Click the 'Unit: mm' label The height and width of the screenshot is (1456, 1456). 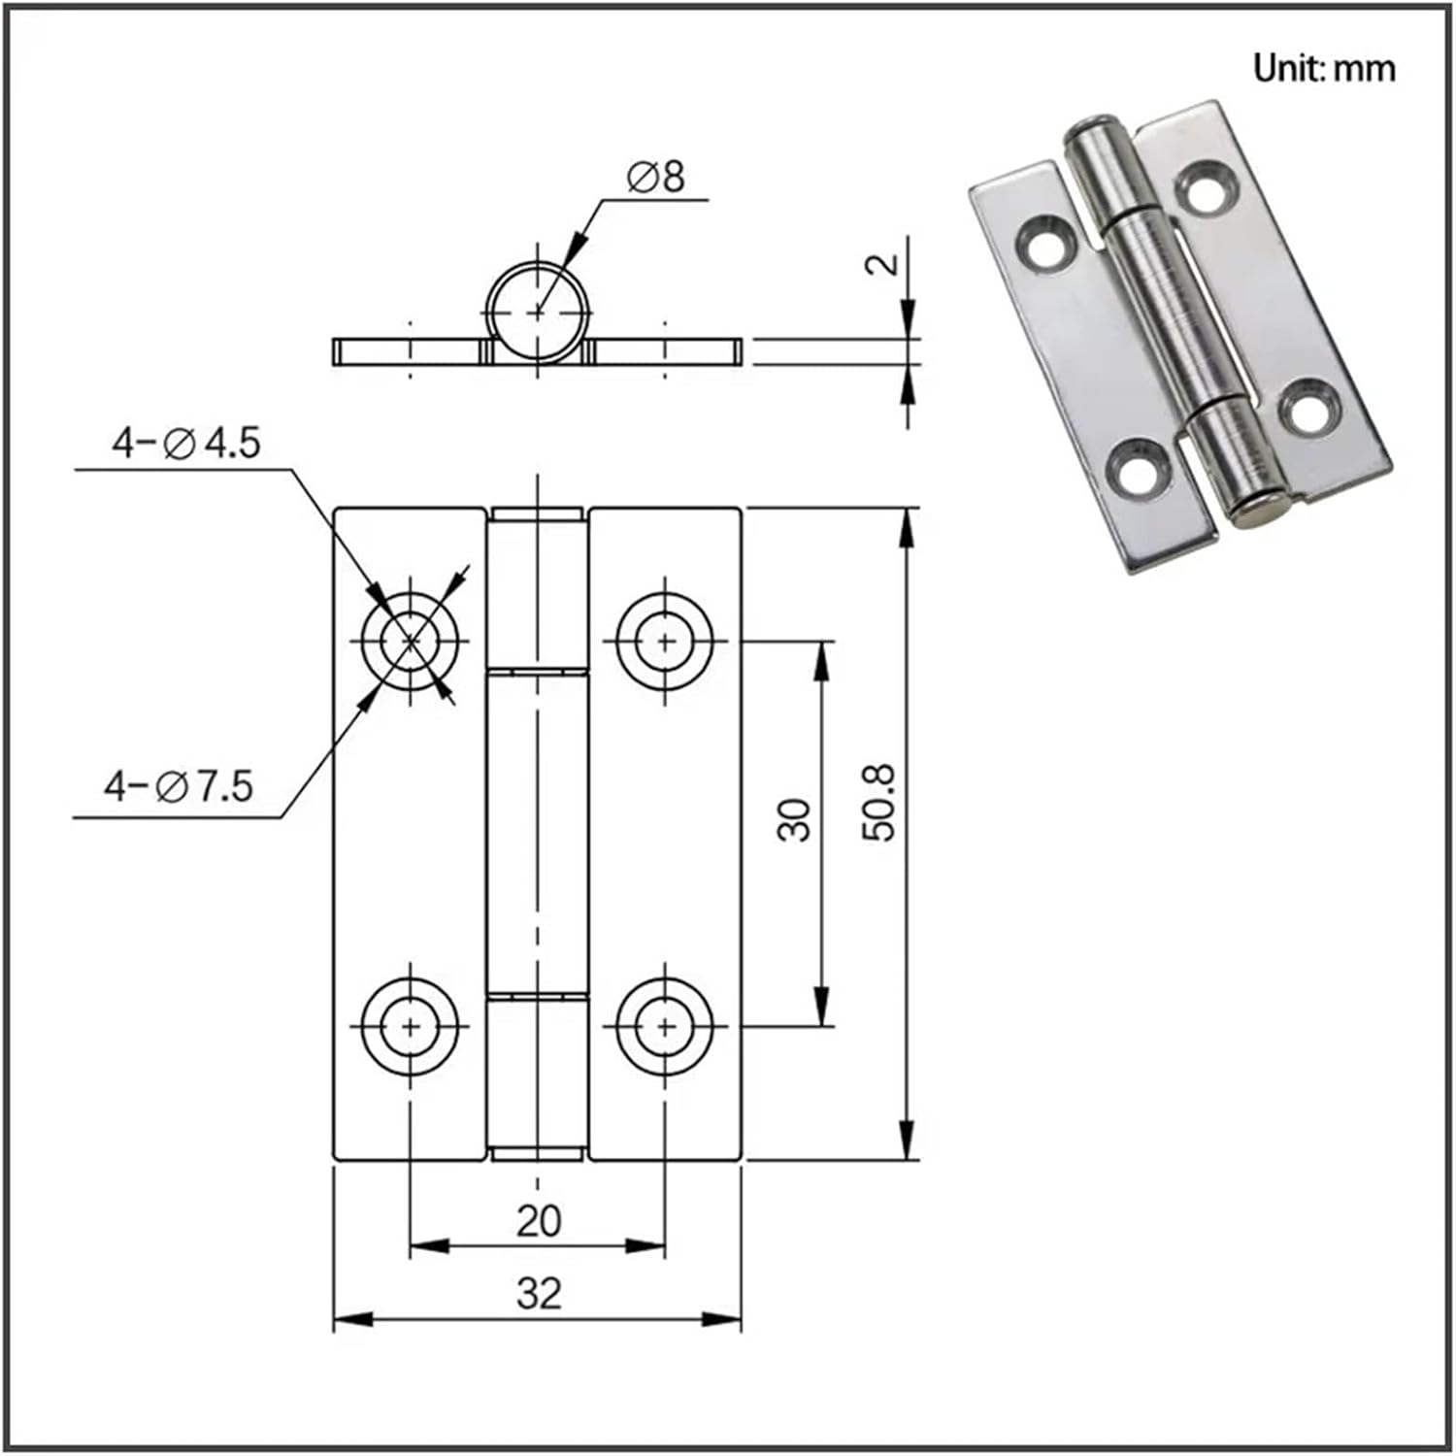pyautogui.click(x=1323, y=69)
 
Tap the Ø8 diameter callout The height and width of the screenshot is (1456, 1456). pyautogui.click(x=655, y=178)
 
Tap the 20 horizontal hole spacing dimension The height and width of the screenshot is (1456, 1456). pyautogui.click(x=538, y=1221)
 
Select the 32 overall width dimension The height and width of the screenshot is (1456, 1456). pyautogui.click(x=538, y=1293)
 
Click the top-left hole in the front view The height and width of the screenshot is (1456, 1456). pyautogui.click(x=411, y=641)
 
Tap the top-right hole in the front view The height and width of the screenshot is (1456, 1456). pyautogui.click(x=666, y=641)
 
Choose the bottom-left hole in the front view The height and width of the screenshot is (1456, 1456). pyautogui.click(x=411, y=1025)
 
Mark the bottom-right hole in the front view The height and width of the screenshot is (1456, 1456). pyautogui.click(x=666, y=1025)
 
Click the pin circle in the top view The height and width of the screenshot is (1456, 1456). pyautogui.click(x=538, y=311)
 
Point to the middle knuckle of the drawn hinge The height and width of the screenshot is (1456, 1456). pyautogui.click(x=538, y=833)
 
